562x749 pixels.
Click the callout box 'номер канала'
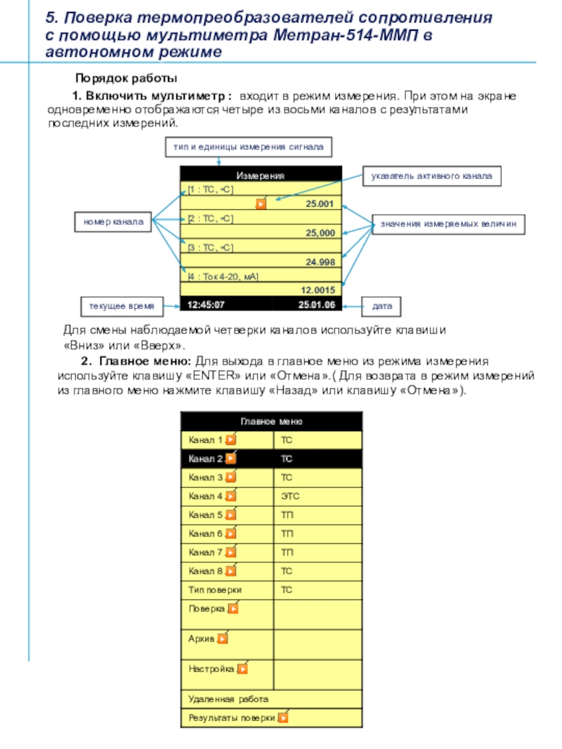tap(113, 222)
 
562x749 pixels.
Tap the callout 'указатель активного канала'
tap(432, 177)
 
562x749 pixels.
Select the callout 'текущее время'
tap(117, 305)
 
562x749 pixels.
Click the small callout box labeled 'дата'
tap(381, 306)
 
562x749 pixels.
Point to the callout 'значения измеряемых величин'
tap(448, 223)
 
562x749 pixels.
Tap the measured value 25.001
tap(320, 204)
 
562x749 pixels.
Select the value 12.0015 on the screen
tap(318, 289)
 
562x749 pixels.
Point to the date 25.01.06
tap(316, 305)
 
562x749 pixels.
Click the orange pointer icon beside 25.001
tap(261, 204)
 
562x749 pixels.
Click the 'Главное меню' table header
tap(271, 422)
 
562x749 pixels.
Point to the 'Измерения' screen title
tap(260, 175)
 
